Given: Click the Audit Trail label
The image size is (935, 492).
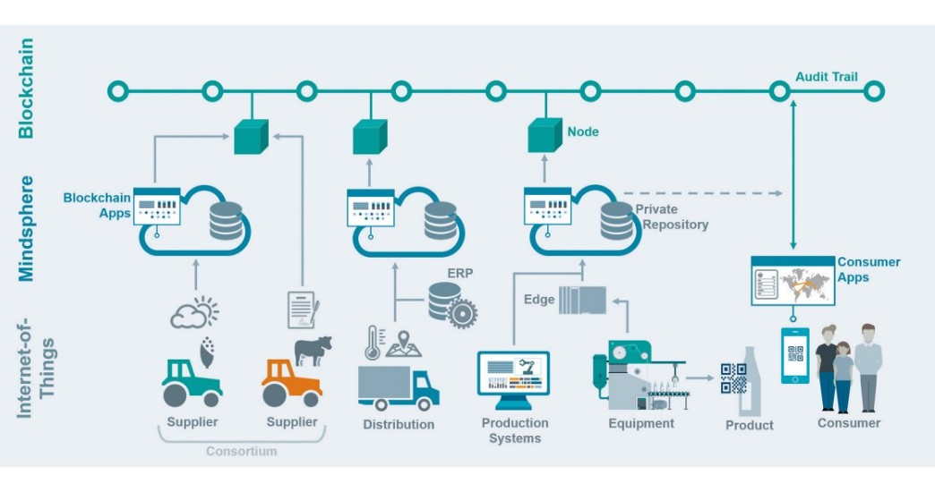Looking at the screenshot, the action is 826,77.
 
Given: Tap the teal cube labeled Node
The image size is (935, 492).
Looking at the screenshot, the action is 545,135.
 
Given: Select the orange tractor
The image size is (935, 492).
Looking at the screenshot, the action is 292,383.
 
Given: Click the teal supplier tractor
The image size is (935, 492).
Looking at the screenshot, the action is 192,383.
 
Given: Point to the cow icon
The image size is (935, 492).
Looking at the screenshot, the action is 313,351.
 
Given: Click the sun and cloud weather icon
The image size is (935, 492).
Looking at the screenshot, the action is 194,312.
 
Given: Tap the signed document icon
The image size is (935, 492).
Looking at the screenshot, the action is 303,310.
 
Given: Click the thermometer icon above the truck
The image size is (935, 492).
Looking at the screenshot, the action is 373,342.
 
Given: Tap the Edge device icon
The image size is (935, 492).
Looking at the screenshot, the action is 582,300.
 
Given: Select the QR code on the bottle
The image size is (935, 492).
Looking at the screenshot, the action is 733,378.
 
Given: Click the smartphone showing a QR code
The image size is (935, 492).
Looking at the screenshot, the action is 795,355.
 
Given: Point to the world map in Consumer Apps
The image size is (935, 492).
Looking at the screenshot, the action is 805,284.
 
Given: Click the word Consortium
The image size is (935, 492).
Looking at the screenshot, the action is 242,451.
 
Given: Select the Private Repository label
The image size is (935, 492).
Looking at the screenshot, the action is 672,216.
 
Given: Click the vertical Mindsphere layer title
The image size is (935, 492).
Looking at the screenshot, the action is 26,228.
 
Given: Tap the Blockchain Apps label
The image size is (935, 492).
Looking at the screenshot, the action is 98,206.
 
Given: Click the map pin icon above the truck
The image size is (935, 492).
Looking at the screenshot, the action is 404,344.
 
